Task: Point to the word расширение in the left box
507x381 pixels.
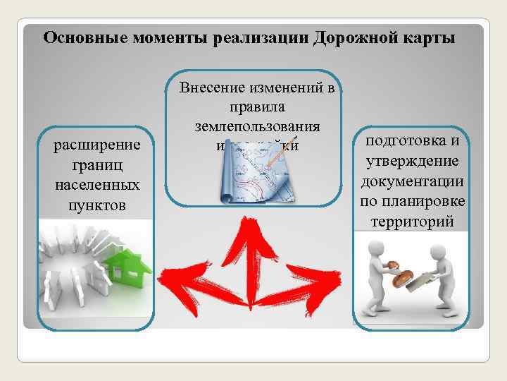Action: (x=97, y=145)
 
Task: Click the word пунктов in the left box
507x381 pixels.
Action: (x=97, y=205)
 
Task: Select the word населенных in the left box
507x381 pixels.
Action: (x=97, y=186)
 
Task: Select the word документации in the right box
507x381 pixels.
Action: (x=412, y=182)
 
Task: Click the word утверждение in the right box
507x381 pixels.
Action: (x=412, y=162)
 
